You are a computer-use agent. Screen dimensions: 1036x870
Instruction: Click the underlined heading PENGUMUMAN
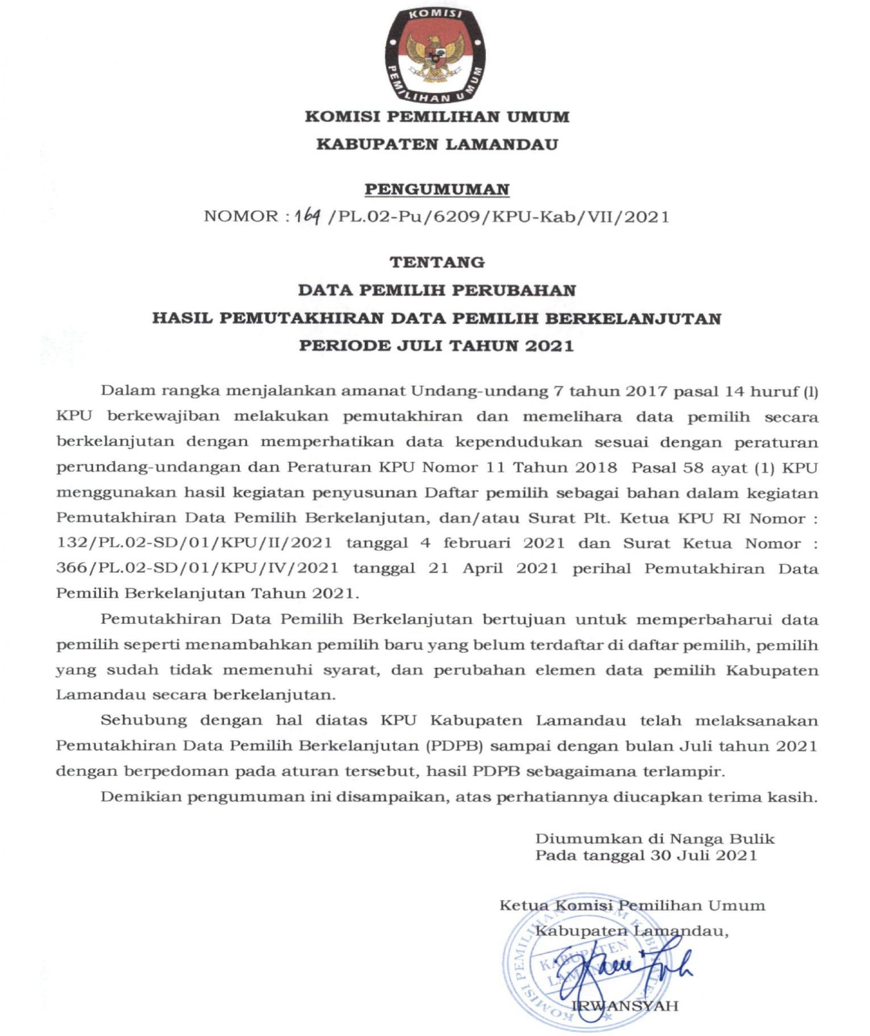click(437, 189)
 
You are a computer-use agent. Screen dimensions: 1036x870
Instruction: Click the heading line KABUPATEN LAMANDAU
click(437, 144)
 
